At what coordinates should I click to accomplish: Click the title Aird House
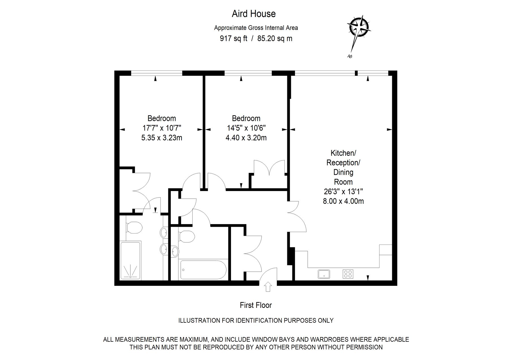tap(254, 14)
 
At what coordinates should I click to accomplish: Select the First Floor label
tap(256, 305)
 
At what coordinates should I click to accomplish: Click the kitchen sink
tap(324, 274)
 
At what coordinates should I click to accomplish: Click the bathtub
tap(203, 270)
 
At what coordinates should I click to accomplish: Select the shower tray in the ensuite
tap(130, 260)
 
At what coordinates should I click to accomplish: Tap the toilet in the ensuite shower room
tap(133, 228)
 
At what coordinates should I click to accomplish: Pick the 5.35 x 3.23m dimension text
tap(161, 138)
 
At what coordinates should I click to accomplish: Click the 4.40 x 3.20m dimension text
tap(246, 138)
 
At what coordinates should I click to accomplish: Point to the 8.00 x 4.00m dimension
tap(343, 201)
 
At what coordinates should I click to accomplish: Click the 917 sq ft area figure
tap(234, 38)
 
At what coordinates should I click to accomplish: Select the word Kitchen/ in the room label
tap(343, 153)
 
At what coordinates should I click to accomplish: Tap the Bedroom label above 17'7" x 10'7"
tap(161, 118)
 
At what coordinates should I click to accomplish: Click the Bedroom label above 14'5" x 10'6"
tap(246, 118)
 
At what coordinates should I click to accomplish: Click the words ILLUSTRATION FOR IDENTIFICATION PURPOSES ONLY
tap(256, 320)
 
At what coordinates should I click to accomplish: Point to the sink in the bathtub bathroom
tap(175, 251)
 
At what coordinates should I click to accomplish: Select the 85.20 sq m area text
tap(275, 38)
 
